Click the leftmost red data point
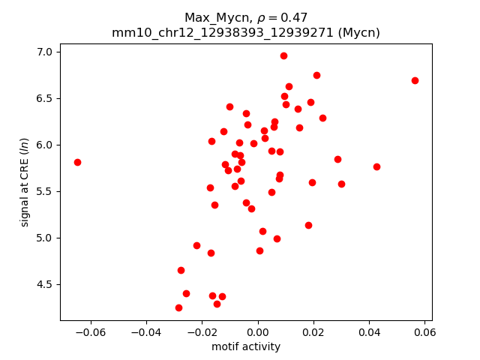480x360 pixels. point(77,162)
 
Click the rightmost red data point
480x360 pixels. point(415,80)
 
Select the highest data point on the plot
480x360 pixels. point(283,55)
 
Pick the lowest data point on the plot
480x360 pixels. point(178,307)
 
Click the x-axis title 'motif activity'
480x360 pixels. point(246,346)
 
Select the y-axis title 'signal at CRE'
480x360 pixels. point(25,182)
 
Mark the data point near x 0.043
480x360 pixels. point(376,166)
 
